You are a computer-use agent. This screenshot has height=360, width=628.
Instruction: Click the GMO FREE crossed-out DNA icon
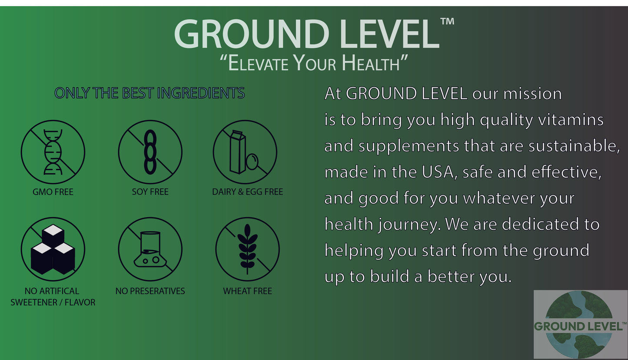[x=53, y=152]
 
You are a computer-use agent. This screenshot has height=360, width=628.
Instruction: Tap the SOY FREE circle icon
[x=150, y=152]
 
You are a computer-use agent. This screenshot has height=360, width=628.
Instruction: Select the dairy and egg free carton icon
[x=245, y=152]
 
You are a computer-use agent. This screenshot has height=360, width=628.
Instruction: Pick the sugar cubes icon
[x=53, y=249]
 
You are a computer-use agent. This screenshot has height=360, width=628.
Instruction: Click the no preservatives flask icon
[x=150, y=249]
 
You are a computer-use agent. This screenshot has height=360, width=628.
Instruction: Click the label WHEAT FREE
[x=247, y=291]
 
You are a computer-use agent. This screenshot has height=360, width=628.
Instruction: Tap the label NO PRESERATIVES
[x=150, y=291]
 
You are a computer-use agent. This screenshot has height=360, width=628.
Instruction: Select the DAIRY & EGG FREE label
[x=247, y=192]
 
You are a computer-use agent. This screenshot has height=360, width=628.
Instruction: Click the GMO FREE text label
[x=53, y=192]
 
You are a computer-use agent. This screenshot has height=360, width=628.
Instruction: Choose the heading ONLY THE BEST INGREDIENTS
[x=150, y=93]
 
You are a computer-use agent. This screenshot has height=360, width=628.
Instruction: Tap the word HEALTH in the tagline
[x=370, y=64]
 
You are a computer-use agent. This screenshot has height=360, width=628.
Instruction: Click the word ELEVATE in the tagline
[x=258, y=64]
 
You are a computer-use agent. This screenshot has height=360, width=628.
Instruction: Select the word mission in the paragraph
[x=532, y=94]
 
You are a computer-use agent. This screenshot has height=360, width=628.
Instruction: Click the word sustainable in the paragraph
[x=574, y=146]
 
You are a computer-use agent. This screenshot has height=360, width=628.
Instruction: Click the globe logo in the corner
[x=580, y=324]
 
